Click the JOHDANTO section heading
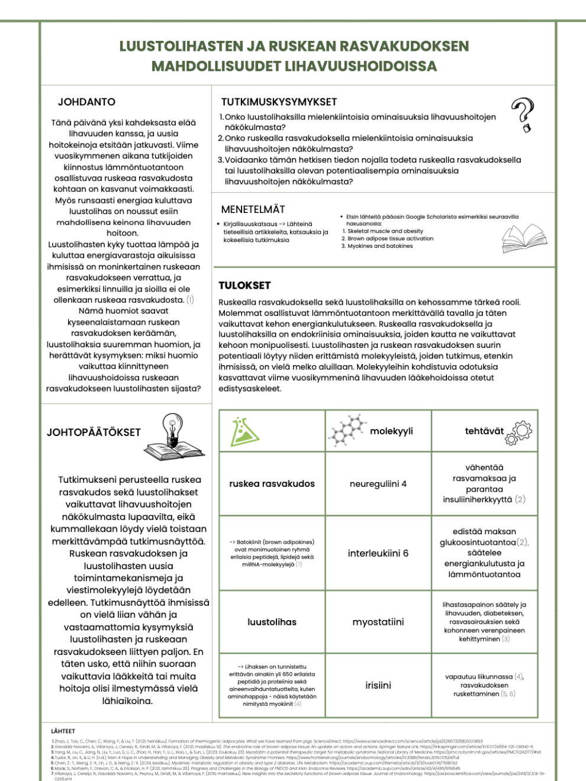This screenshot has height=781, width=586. coord(86,102)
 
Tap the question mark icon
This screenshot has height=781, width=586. coord(523,114)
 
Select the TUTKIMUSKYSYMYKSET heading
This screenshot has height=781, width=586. coord(279,102)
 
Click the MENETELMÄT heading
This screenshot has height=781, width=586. coord(253,209)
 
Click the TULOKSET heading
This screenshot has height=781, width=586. coord(244,285)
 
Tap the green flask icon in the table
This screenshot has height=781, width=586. coord(244,431)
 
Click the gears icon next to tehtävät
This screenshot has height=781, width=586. coord(519,432)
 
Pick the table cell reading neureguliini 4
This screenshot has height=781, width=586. coord(378,484)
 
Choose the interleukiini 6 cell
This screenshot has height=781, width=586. coord(378,553)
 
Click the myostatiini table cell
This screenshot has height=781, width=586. coord(378,622)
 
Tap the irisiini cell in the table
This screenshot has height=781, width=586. coord(378,685)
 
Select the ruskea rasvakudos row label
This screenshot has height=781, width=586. coord(272,484)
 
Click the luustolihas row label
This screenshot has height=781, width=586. coord(272,622)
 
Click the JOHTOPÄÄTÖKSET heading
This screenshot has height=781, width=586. coord(94,433)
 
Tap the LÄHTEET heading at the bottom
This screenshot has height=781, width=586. coord(63,731)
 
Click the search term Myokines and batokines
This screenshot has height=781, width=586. coord(380,246)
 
